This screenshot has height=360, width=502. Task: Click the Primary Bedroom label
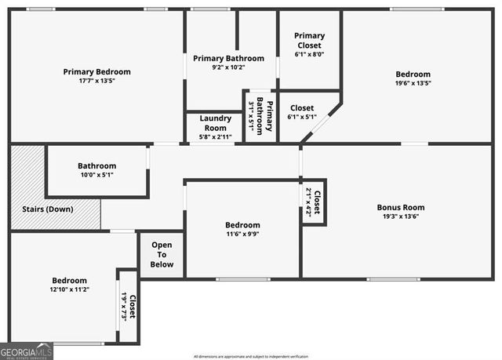[x=96, y=71]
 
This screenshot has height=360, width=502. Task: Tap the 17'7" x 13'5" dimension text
[x=96, y=81]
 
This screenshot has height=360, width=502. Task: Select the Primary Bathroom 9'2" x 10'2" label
[x=229, y=63]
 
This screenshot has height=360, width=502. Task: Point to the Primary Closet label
[x=309, y=40]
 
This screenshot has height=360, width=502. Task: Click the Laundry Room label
[x=213, y=123]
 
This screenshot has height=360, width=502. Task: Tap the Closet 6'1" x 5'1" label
[x=302, y=112]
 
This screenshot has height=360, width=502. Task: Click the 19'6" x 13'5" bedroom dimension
[x=413, y=83]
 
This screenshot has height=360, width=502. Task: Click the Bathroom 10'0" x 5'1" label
[x=96, y=170]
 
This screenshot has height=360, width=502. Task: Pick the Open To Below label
[x=162, y=254]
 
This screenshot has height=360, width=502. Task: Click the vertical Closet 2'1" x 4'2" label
[x=312, y=202]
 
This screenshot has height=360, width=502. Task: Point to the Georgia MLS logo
[x=27, y=351]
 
